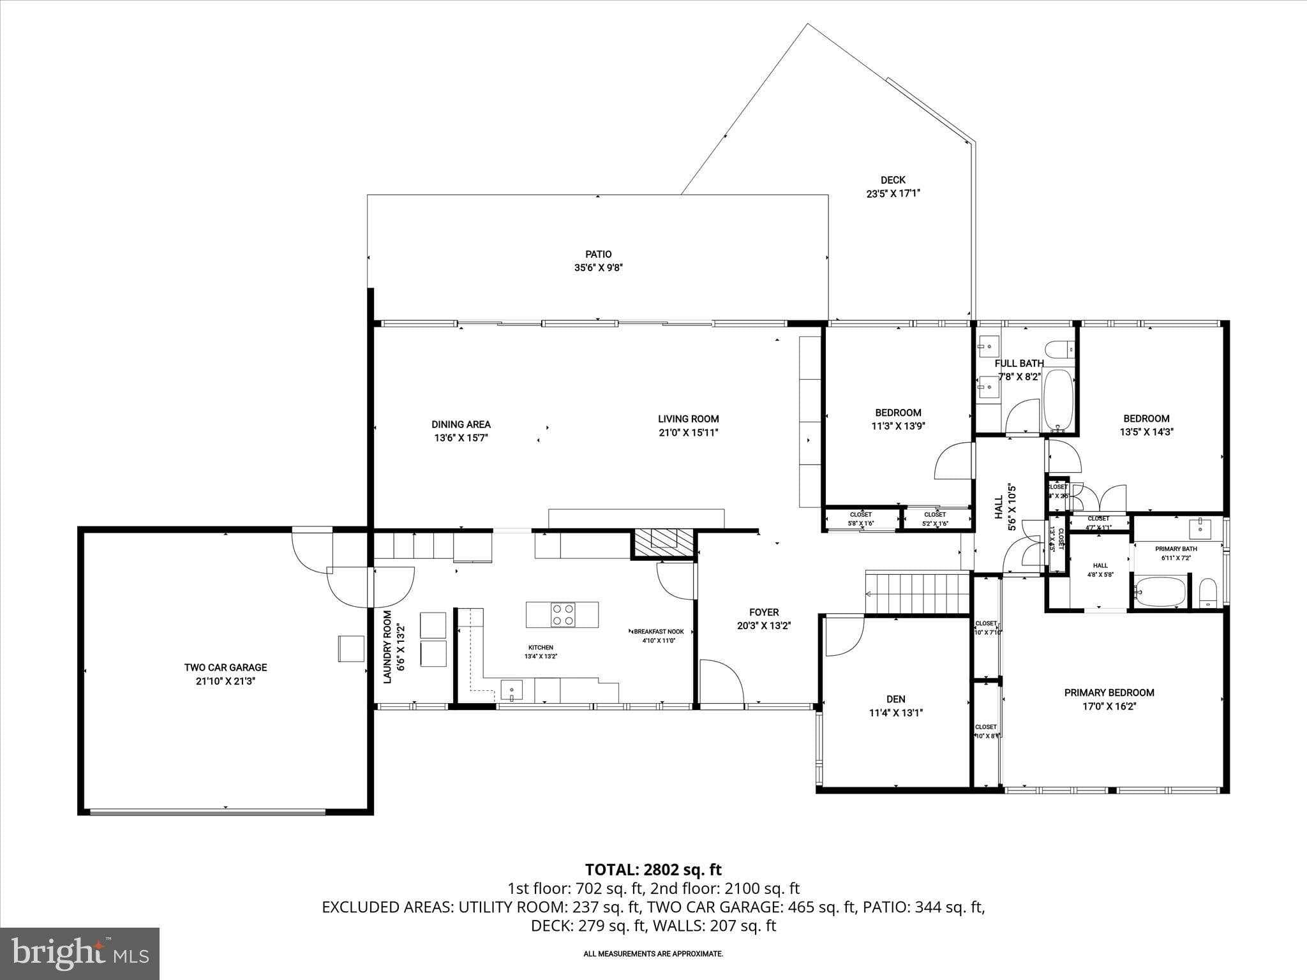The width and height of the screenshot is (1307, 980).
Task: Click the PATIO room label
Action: (x=598, y=254)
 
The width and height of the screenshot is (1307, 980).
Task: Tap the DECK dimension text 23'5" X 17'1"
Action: (x=892, y=193)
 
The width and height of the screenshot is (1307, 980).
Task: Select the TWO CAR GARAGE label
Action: (x=225, y=667)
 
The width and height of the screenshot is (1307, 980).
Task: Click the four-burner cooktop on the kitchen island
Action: (x=562, y=614)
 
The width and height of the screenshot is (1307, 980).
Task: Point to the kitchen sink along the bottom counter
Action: (x=511, y=690)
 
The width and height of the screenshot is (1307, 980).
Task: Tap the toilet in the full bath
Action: (x=1060, y=350)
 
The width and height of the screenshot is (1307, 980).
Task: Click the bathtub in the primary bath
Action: (x=1161, y=591)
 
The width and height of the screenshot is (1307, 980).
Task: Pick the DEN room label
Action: (x=895, y=699)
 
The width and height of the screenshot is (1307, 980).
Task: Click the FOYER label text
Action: (x=764, y=612)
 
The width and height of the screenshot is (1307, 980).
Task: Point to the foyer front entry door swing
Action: (x=721, y=682)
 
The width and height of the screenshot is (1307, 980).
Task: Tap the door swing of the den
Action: (x=843, y=635)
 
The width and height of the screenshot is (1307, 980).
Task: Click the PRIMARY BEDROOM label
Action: (x=1109, y=693)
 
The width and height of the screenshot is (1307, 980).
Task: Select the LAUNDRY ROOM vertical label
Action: (x=387, y=647)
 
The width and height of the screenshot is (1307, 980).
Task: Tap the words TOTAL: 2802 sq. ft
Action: (x=653, y=870)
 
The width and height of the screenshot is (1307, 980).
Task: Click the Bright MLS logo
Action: (x=80, y=954)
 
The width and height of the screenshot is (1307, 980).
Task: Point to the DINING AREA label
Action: (x=461, y=424)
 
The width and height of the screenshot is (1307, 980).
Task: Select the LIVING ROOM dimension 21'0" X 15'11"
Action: (x=689, y=433)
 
